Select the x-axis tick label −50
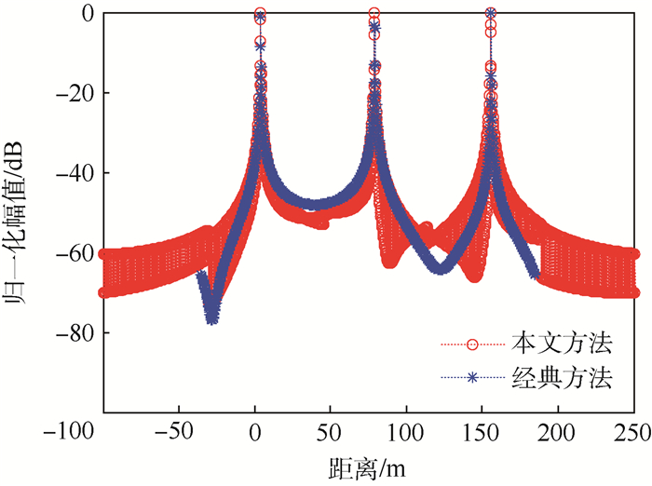[x=178, y=431]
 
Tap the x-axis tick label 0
[x=254, y=431]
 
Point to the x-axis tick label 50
[x=330, y=431]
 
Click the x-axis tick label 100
[x=405, y=431]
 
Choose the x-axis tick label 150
[x=481, y=431]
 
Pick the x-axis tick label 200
[x=557, y=431]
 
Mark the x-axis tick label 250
[x=632, y=431]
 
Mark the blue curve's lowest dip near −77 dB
[x=212, y=318]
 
